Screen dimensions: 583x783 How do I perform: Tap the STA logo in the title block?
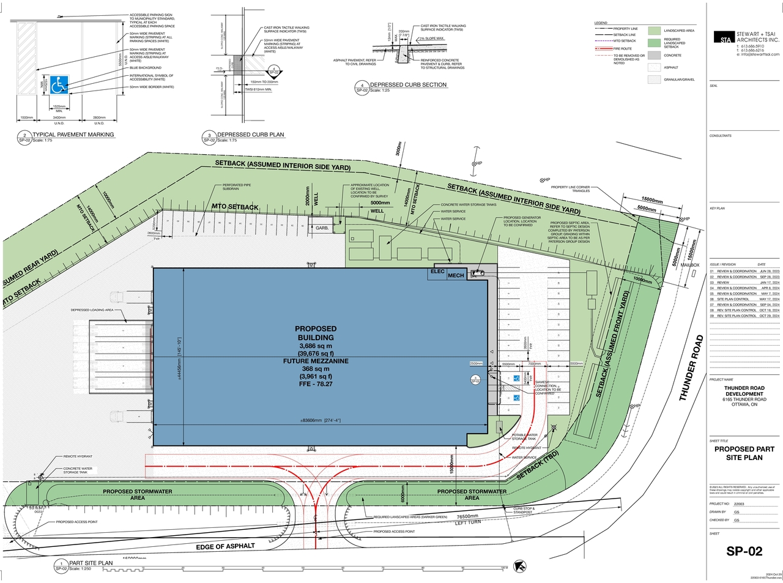pos(725,38)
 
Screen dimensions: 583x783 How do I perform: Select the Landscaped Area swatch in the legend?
pos(655,31)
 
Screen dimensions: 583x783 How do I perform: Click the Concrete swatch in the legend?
pos(655,55)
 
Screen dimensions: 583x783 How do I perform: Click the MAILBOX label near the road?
pos(690,265)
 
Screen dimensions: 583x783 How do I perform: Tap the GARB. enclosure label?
pos(322,228)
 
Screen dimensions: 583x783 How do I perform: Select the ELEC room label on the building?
pos(437,271)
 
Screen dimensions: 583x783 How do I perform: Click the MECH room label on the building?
pos(456,275)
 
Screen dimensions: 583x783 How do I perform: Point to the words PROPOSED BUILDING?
pos(316,333)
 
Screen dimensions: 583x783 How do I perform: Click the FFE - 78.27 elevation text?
pos(316,384)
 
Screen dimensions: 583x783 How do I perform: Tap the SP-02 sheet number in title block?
pos(744,551)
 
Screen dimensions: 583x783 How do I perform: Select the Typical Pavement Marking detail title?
pos(73,135)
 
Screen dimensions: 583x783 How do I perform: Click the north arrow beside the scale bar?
pos(520,566)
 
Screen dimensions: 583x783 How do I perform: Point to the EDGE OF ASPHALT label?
pos(225,546)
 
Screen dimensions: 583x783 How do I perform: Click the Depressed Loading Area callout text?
pos(92,310)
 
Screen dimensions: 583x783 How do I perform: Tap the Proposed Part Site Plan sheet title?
pos(744,453)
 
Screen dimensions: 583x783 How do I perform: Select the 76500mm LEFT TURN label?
pos(468,519)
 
